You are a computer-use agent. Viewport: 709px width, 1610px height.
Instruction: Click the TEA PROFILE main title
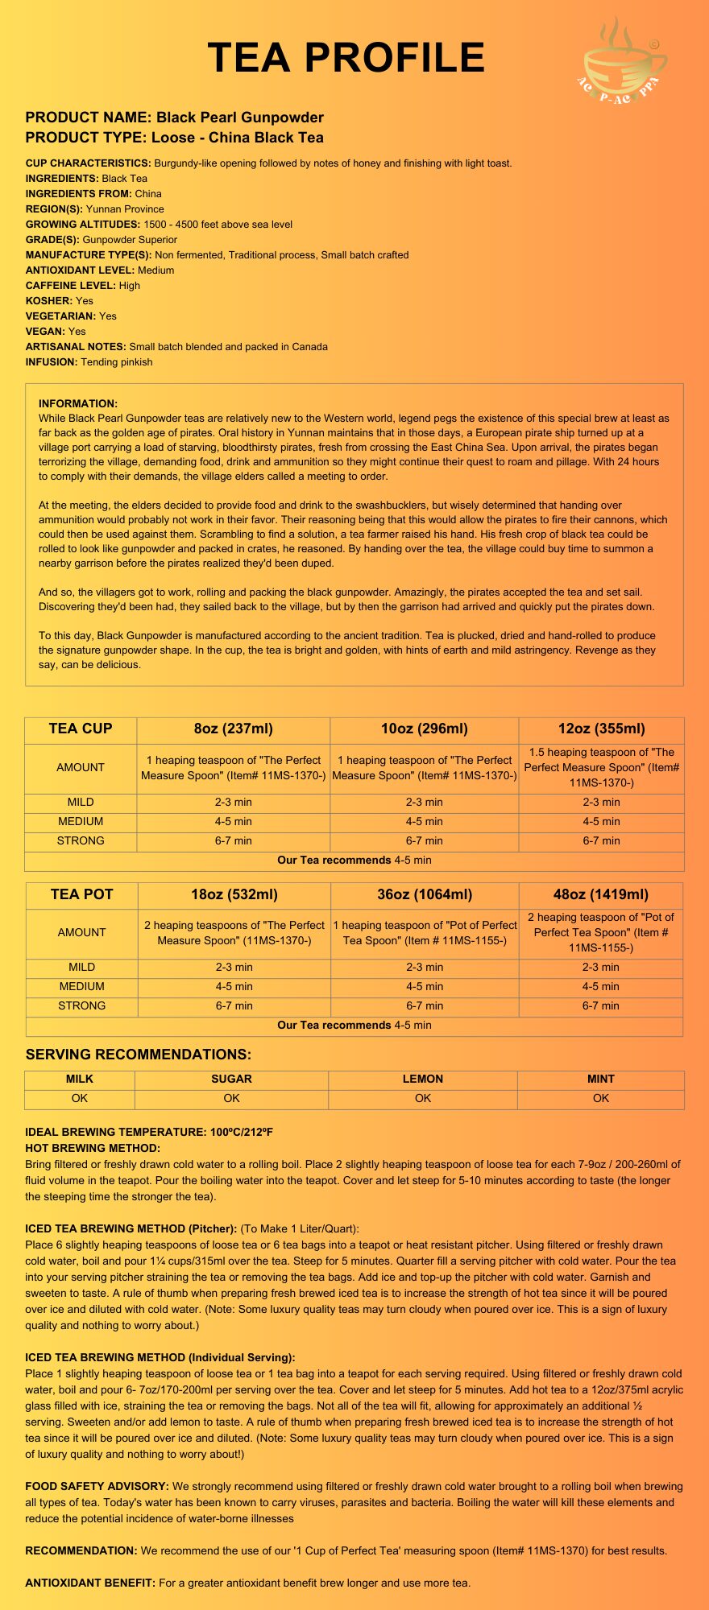point(346,58)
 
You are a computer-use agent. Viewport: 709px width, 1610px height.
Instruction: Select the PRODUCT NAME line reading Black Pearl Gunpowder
point(175,118)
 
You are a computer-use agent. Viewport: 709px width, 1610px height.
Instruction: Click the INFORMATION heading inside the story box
point(78,403)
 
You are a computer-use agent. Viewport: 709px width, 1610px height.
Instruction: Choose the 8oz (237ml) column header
point(234,729)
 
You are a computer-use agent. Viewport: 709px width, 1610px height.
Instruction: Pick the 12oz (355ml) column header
point(601,729)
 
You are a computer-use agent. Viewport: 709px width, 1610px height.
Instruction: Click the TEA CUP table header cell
point(81,729)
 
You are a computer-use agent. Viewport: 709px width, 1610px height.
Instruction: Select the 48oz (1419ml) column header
point(601,894)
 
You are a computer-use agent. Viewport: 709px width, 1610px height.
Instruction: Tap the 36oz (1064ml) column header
point(425,894)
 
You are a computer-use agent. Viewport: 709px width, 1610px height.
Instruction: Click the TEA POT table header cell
point(82,894)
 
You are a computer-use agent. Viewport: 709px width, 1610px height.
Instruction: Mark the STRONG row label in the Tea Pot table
point(82,1005)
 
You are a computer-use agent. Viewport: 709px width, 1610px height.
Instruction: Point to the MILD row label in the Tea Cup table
point(81,802)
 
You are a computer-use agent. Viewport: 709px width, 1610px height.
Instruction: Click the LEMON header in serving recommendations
point(423,1079)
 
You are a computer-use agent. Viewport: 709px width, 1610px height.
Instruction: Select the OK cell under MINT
point(601,1098)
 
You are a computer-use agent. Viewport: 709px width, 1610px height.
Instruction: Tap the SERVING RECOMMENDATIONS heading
point(139,1055)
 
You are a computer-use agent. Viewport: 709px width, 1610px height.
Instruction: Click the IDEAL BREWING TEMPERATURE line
point(149,1132)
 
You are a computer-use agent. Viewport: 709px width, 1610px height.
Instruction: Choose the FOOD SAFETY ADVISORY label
point(97,1486)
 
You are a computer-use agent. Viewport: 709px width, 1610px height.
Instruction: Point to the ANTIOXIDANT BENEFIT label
point(90,1583)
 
